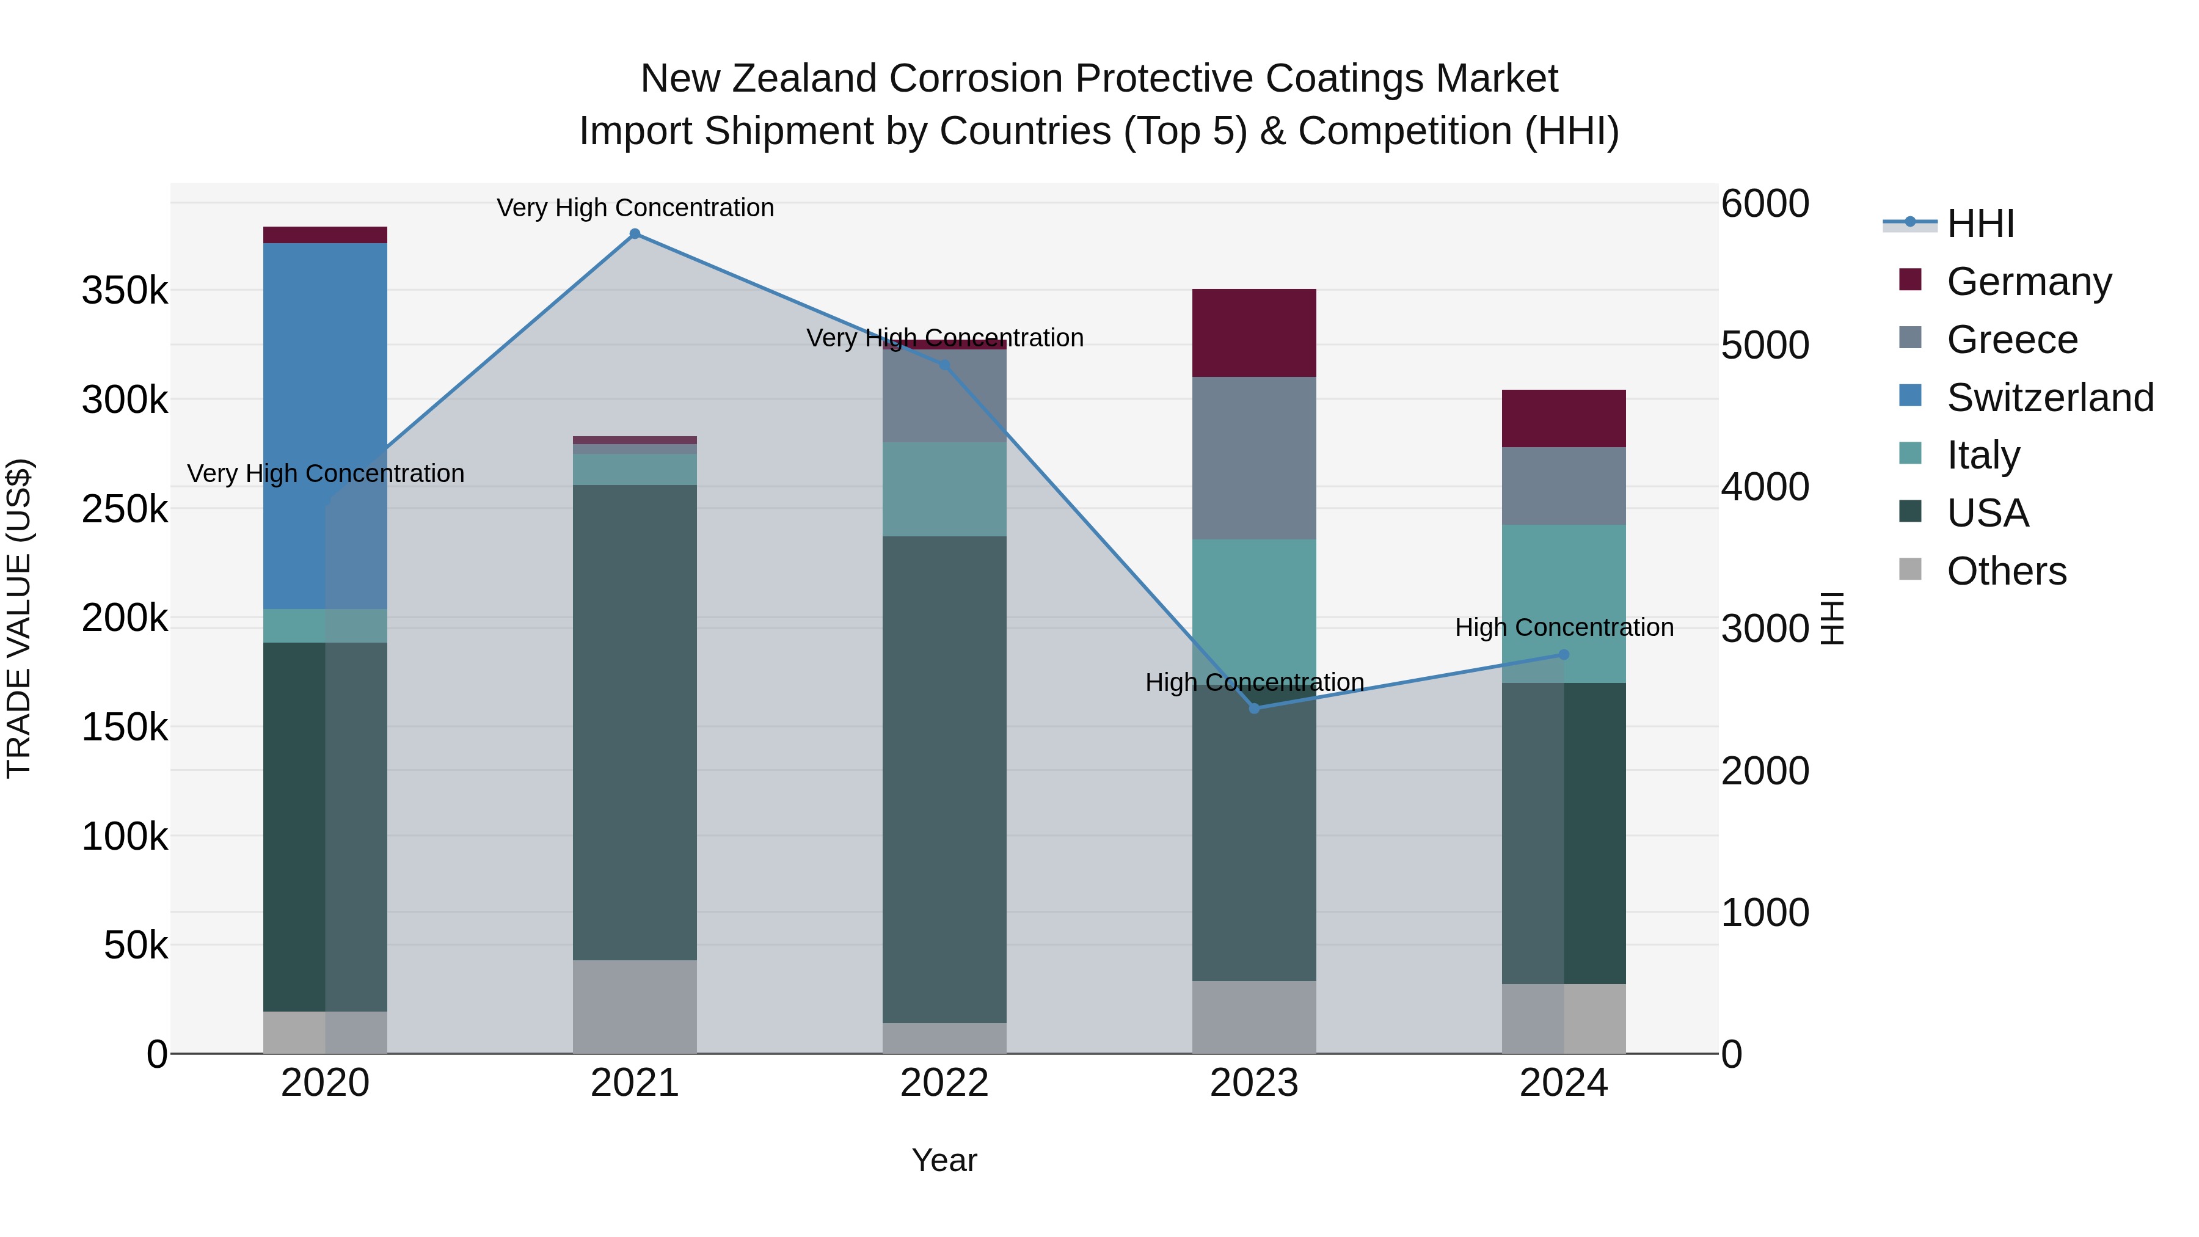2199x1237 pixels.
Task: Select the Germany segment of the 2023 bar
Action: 1253,333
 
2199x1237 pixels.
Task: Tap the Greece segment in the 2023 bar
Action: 1253,458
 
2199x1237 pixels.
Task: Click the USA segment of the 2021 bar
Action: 634,722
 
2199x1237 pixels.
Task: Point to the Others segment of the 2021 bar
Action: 634,1007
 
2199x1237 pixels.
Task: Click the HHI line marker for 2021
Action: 634,234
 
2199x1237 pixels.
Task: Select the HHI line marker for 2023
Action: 1254,709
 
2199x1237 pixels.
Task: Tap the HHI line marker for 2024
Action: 1564,655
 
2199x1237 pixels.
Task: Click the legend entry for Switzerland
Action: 2049,398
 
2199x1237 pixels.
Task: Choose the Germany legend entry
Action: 2027,282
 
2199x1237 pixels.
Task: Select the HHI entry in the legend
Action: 1980,224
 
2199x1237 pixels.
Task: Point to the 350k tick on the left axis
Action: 125,291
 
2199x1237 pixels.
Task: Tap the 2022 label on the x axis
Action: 944,1083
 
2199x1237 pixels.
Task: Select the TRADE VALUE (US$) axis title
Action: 20,618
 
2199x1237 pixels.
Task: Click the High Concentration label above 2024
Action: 1564,627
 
